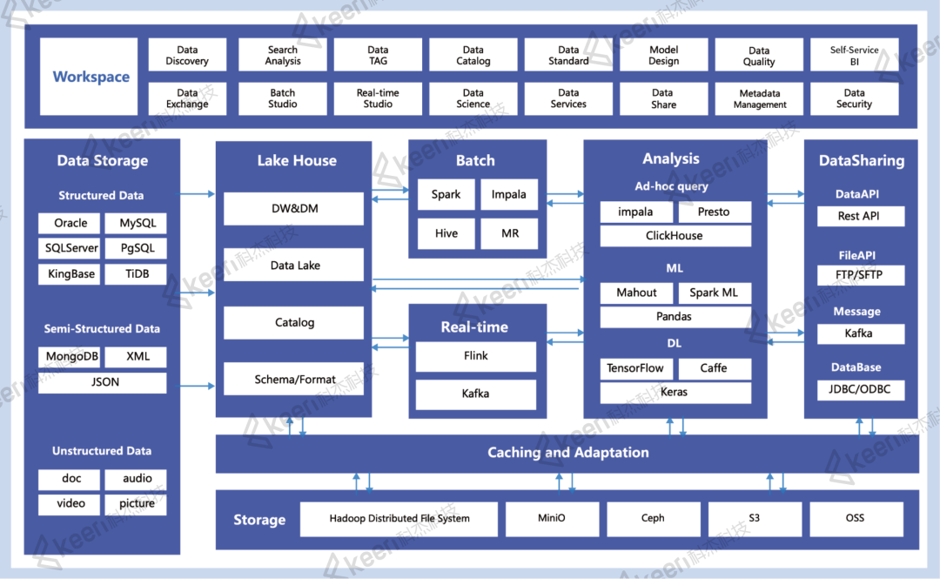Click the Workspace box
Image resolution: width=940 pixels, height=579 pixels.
click(x=89, y=77)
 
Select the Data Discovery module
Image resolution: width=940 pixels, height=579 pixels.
click(x=187, y=55)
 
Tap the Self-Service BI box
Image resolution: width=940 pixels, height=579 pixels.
click(x=855, y=55)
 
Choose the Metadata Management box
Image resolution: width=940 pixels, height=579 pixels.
click(x=759, y=98)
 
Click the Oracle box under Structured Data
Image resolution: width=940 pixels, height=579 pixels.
click(x=70, y=223)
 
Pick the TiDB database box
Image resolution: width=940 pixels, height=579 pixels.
click(x=136, y=274)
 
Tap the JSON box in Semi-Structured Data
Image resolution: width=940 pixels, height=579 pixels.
click(x=103, y=382)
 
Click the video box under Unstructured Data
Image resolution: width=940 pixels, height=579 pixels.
click(x=70, y=504)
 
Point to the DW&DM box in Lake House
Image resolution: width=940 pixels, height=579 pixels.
click(x=294, y=209)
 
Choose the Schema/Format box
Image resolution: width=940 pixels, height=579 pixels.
click(x=294, y=380)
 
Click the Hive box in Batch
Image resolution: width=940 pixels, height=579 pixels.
click(x=446, y=233)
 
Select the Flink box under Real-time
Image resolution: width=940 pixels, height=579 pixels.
click(x=475, y=356)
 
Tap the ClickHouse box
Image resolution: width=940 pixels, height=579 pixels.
click(x=675, y=236)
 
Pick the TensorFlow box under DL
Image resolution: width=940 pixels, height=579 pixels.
click(x=636, y=368)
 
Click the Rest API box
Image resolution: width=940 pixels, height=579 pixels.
click(x=860, y=216)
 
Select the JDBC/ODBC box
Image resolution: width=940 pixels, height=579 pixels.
click(x=860, y=389)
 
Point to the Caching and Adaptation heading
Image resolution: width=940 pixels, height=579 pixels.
click(x=567, y=453)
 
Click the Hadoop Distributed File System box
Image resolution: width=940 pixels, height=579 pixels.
click(x=399, y=519)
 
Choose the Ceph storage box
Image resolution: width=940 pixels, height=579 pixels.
click(x=653, y=519)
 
